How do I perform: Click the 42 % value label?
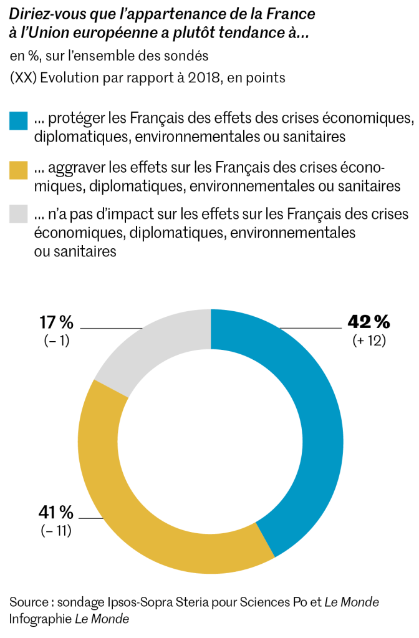click(x=368, y=322)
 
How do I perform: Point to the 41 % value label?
click(x=56, y=513)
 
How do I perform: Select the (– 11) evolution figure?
click(x=57, y=531)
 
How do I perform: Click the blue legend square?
click(x=19, y=120)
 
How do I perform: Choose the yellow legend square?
click(x=19, y=169)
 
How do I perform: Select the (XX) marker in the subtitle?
click(x=22, y=78)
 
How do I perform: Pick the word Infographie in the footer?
click(x=41, y=619)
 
